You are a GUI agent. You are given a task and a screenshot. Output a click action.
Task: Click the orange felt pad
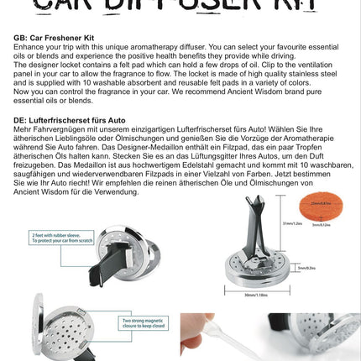pyautogui.click(x=320, y=207)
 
